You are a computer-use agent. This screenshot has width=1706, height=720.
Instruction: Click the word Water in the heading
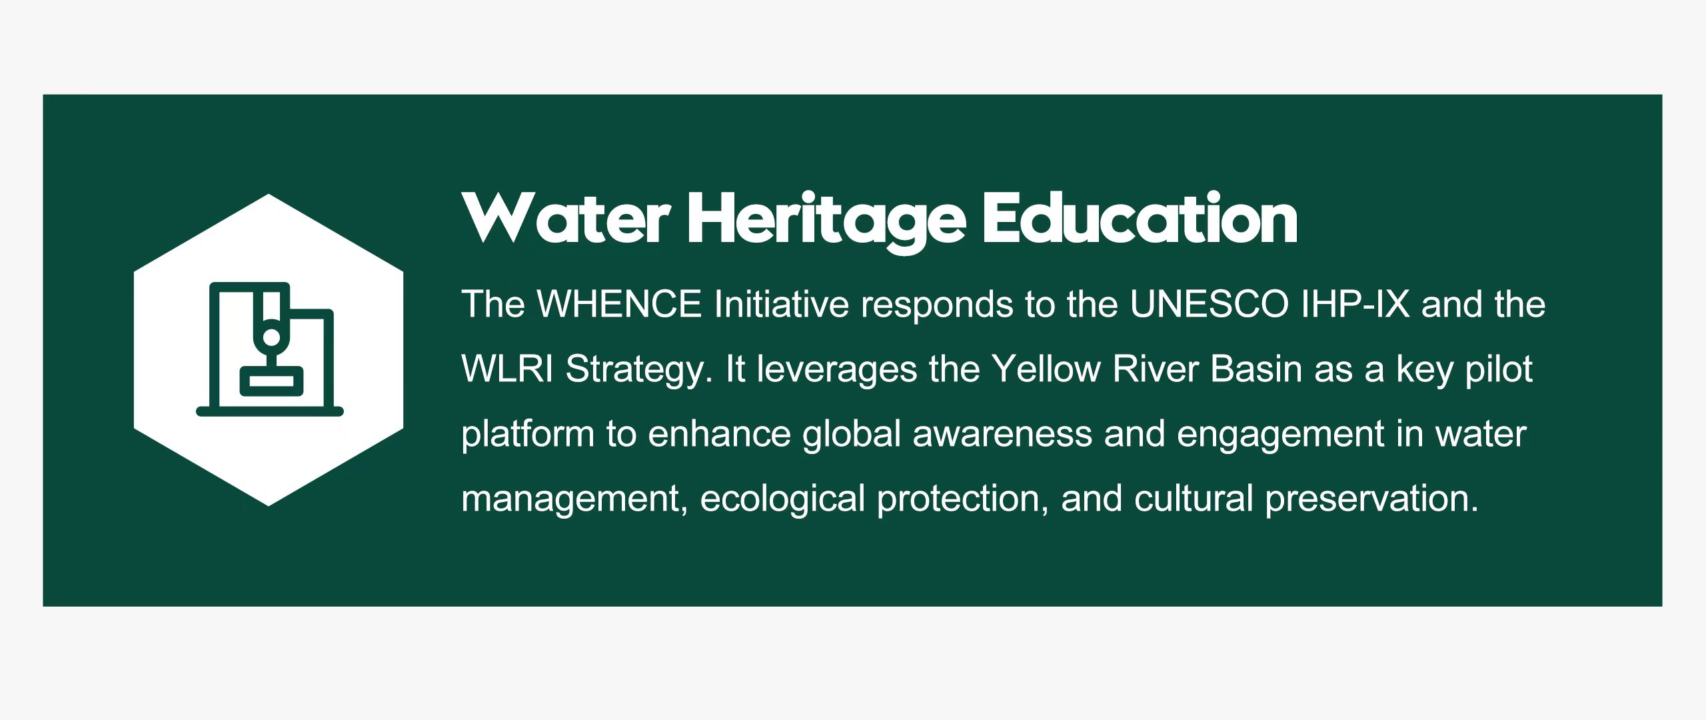(x=566, y=218)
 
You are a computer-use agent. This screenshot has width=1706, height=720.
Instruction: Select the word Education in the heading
(x=1140, y=217)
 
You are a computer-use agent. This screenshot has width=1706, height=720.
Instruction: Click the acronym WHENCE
(x=619, y=304)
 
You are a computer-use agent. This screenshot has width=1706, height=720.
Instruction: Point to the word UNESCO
(x=1210, y=304)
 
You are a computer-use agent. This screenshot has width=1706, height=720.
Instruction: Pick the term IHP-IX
(x=1355, y=304)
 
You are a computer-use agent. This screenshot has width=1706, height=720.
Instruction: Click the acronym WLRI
(x=507, y=369)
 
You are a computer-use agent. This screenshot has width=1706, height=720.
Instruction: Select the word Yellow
(x=1046, y=369)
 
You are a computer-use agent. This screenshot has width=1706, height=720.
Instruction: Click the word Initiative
(x=781, y=304)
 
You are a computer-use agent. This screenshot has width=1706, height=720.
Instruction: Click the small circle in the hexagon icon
(x=271, y=337)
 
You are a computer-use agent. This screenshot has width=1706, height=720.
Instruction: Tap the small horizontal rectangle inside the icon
(x=271, y=381)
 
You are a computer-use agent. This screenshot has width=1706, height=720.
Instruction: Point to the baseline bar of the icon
(x=270, y=411)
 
